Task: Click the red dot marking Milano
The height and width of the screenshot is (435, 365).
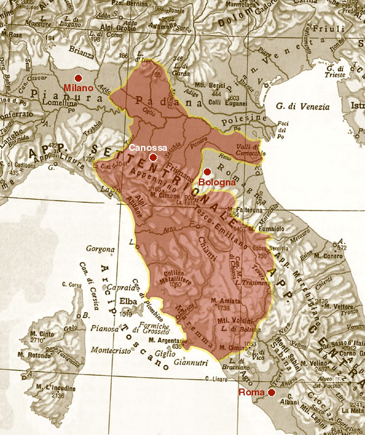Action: pyautogui.click(x=78, y=77)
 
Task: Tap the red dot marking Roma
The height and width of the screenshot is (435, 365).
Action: pyautogui.click(x=271, y=392)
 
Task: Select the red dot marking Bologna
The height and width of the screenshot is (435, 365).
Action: pyautogui.click(x=206, y=172)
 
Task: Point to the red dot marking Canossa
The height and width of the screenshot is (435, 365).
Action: pyautogui.click(x=153, y=157)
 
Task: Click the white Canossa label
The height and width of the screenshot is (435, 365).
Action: pyautogui.click(x=149, y=147)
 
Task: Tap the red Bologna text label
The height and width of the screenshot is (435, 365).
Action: pyautogui.click(x=217, y=183)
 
